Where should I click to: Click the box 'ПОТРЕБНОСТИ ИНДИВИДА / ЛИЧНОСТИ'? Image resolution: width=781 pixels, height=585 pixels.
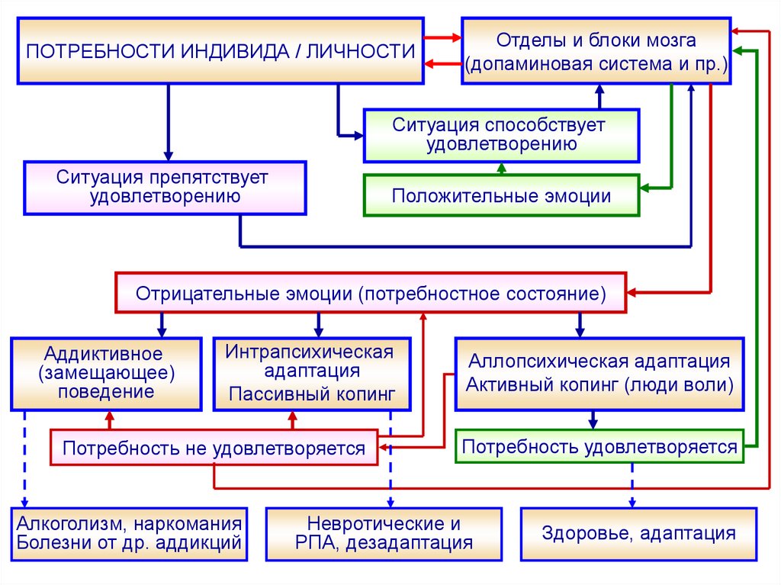pos(220,51)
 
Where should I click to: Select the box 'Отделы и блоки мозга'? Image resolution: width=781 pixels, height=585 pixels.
pos(596,51)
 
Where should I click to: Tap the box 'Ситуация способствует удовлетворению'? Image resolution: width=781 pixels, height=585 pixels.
pos(501,134)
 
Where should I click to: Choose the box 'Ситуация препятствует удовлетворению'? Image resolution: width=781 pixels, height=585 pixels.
pos(166,187)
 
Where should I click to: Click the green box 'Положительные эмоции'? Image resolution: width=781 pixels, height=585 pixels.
pos(501,196)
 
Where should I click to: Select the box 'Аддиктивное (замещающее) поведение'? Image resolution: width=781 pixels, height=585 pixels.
pos(104,373)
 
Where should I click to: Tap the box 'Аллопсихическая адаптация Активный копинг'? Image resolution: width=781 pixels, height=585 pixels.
pos(599,373)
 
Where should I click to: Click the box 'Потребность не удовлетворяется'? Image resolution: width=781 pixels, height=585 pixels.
pos(214,448)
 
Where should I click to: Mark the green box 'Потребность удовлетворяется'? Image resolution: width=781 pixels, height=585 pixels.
pos(600,446)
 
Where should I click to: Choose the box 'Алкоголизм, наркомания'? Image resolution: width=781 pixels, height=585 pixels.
pos(130,533)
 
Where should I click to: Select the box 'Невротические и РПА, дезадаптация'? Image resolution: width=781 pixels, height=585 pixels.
pos(384,533)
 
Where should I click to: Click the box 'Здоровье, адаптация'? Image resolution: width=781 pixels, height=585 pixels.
pos(639,533)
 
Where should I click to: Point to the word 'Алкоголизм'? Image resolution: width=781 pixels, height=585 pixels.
pos(66,524)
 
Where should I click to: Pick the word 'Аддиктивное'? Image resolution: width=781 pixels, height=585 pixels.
pos(104,353)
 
